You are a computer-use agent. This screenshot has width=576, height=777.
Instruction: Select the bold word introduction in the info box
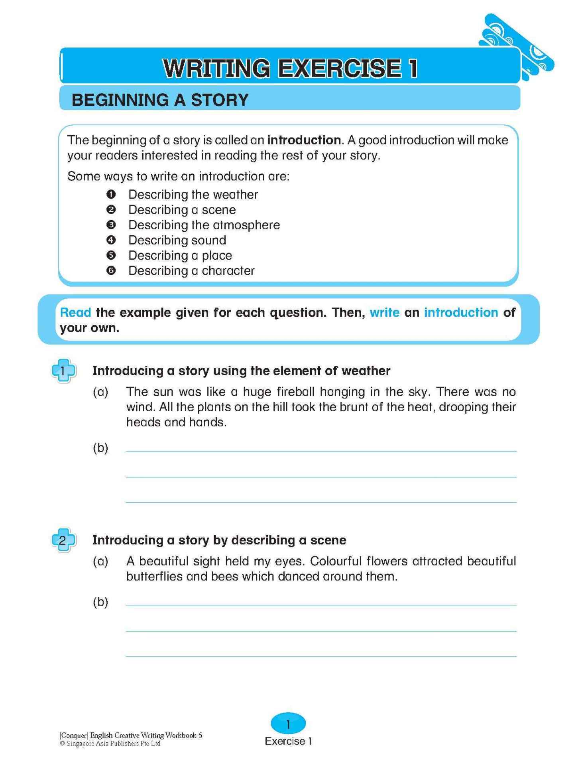[304, 140]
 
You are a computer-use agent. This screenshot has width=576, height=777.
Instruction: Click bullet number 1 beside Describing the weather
[111, 194]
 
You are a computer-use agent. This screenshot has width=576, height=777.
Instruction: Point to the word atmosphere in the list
[246, 225]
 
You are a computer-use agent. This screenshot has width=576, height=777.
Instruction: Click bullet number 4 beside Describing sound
[111, 240]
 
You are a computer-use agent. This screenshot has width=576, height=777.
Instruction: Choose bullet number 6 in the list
[111, 271]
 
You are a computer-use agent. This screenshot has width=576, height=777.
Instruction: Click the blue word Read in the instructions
[75, 312]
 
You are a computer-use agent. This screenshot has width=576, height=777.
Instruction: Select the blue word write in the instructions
[384, 312]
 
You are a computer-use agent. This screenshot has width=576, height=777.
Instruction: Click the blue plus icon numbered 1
[63, 371]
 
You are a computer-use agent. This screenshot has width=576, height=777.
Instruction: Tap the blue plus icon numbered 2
[63, 540]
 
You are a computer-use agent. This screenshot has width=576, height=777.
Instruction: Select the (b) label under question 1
[100, 448]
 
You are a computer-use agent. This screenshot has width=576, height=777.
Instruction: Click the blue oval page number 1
[288, 724]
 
